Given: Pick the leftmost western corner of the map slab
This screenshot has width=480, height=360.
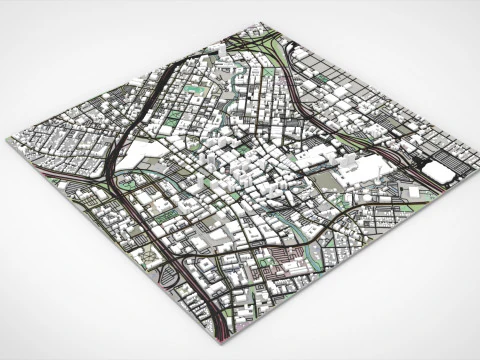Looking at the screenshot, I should pos(9,143).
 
